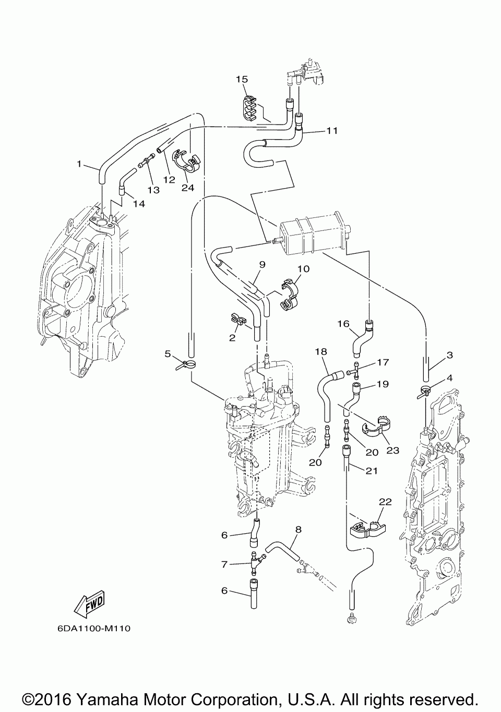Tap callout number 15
[242, 79]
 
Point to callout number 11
[332, 131]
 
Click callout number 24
[187, 188]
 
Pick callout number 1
[79, 164]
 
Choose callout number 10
[304, 269]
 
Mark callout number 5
[168, 353]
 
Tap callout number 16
[343, 324]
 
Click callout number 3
[449, 355]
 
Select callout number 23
[392, 450]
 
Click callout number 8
[298, 529]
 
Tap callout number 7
[224, 564]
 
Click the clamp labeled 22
[367, 529]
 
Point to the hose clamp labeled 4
[425, 390]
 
